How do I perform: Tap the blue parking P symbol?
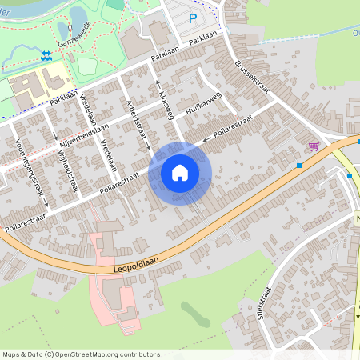192,18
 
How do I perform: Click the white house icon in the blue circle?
180,171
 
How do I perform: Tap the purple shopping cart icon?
313,146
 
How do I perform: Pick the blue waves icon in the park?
46,54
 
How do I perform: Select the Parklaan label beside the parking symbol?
204,38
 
